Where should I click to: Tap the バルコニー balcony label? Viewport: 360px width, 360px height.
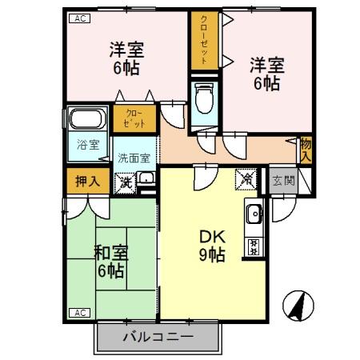[x=158, y=338]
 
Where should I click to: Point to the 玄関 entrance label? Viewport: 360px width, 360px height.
[x=282, y=181]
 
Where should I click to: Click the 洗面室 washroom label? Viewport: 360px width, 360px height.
[x=134, y=158]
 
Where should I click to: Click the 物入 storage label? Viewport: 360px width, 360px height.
[x=306, y=149]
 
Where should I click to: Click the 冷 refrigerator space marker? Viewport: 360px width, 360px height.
[x=246, y=180]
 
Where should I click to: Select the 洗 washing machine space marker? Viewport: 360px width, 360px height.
[x=126, y=182]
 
